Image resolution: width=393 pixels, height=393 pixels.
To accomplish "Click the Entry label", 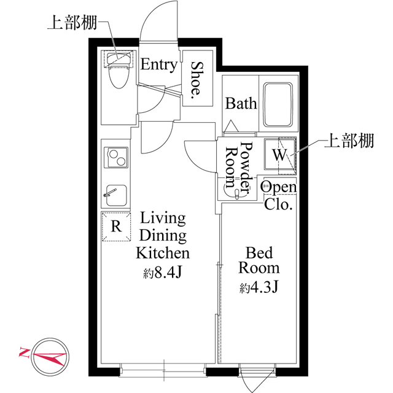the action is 159,65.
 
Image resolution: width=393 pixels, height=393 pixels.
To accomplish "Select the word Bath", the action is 241,103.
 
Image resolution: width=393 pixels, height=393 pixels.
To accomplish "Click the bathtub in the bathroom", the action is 278,104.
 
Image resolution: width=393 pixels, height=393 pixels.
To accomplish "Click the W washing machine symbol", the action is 279,155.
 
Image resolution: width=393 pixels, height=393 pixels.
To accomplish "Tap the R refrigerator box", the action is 116,227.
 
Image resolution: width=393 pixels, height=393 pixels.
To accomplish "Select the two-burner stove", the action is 116,158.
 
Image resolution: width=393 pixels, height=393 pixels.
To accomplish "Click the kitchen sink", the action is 116,195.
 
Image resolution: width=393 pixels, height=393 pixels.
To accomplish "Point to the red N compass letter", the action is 24,352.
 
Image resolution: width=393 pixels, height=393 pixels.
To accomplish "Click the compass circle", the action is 50,356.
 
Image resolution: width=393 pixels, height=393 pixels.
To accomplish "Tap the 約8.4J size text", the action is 162,273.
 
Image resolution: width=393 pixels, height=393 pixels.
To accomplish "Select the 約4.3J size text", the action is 259,288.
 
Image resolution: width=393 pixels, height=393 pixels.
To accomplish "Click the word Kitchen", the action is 163,253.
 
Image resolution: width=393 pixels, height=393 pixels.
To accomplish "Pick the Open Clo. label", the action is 278,195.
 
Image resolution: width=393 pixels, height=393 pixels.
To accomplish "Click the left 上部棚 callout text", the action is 72,23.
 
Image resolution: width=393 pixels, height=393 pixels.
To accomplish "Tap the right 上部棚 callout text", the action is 349,141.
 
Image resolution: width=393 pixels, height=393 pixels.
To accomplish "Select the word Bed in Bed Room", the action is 259,252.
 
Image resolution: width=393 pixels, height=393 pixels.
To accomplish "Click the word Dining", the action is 163,236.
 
